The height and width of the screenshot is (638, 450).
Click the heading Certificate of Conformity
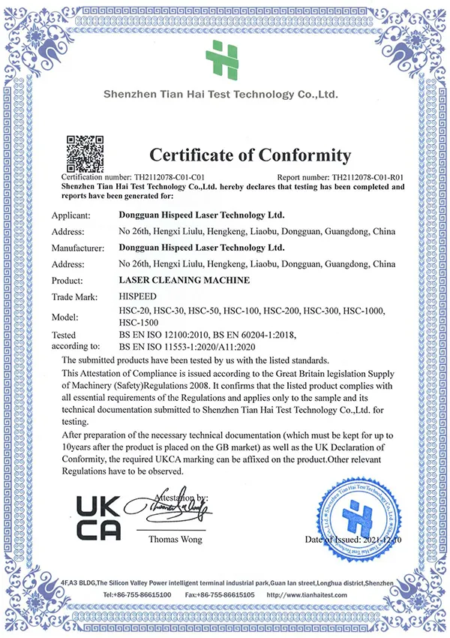250,155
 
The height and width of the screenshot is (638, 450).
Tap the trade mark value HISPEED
138,297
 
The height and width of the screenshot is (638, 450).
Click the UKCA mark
99,517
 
